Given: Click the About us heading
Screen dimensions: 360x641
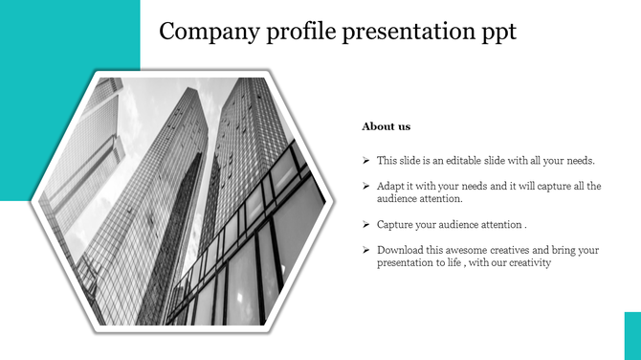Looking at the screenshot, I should click(x=387, y=126).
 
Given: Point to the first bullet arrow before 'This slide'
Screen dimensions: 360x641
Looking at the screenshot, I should click(x=367, y=161).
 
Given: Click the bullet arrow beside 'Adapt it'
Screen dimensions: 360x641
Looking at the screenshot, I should click(x=367, y=187).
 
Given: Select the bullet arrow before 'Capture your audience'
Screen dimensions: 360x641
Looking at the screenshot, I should click(x=367, y=224).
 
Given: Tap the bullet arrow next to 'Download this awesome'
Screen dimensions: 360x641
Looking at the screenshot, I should click(x=367, y=250).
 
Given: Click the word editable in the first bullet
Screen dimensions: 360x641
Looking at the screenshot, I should click(x=461, y=161).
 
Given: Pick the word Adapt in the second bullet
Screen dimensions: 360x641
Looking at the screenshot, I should click(x=390, y=187).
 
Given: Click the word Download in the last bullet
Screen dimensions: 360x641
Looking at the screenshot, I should click(x=399, y=250).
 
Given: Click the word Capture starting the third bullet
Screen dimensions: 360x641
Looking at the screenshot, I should click(x=394, y=224).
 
